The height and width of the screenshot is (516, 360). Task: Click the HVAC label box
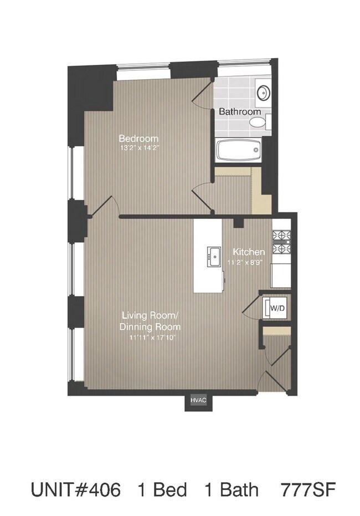[198, 400]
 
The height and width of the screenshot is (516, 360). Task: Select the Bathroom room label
[240, 111]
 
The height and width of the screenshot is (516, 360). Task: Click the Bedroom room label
[138, 138]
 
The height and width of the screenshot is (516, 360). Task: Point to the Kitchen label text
[249, 252]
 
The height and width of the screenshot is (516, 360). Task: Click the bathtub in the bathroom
[239, 150]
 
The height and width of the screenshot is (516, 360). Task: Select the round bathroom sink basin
[264, 93]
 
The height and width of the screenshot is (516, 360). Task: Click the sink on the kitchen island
[214, 257]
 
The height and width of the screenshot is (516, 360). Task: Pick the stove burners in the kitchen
[281, 242]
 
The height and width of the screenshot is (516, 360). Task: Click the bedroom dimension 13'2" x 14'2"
[140, 148]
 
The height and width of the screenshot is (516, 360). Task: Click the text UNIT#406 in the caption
[76, 490]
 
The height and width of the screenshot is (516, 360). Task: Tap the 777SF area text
[308, 490]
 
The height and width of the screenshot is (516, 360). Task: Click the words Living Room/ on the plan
[150, 315]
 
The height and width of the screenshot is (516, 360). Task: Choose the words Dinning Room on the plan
[150, 327]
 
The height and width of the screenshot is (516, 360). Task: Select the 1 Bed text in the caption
[162, 490]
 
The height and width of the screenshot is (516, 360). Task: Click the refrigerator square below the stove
[281, 275]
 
